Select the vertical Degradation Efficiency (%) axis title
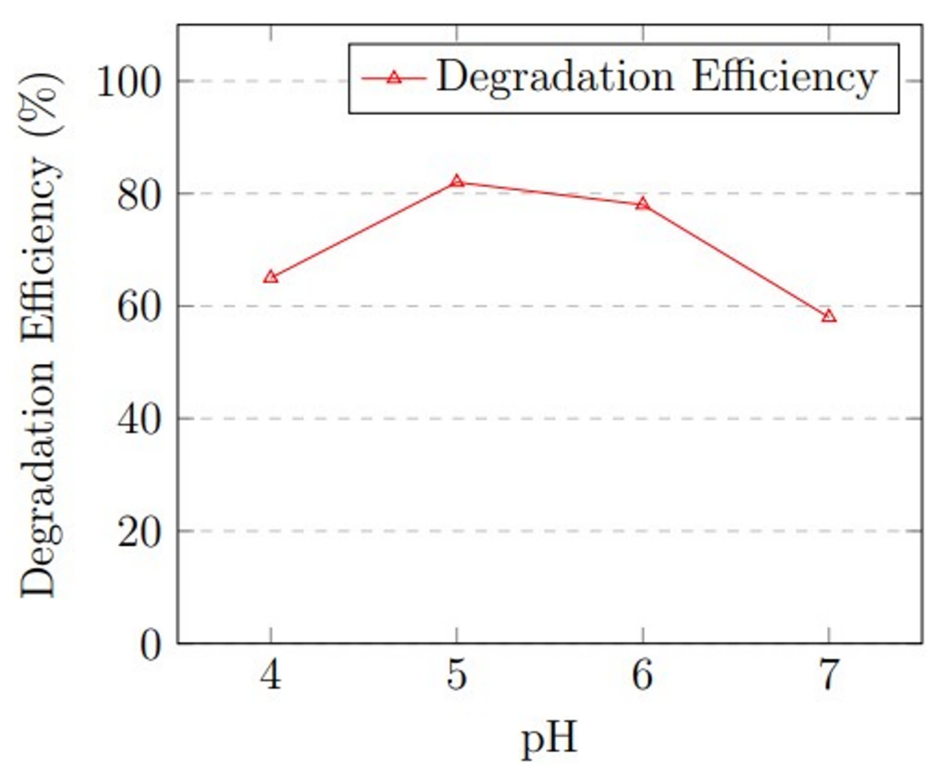click(39, 334)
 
